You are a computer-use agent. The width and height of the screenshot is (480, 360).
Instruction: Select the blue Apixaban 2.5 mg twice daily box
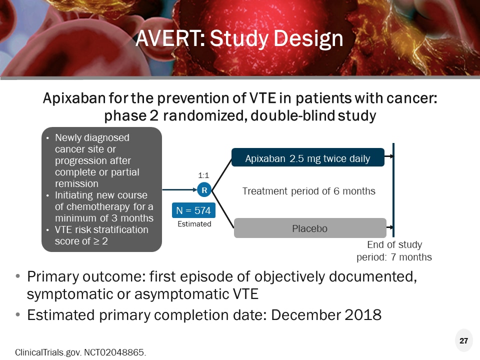307,158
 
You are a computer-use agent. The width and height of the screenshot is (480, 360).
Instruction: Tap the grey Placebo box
310,228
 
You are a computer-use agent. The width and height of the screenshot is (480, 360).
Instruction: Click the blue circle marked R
204,190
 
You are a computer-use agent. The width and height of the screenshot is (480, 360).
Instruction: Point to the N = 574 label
193,210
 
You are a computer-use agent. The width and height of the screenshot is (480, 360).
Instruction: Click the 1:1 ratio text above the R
203,175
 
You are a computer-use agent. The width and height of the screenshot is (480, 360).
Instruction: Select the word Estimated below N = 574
194,224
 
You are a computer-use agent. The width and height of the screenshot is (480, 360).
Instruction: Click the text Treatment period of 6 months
308,191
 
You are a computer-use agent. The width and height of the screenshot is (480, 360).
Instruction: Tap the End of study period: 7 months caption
394,251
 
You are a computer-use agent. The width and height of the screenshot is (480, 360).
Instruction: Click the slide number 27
463,341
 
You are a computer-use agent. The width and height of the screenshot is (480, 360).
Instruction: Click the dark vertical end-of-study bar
394,190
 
